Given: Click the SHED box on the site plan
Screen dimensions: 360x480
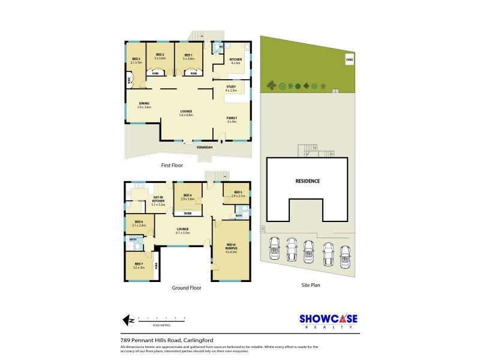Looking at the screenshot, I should coord(349,60).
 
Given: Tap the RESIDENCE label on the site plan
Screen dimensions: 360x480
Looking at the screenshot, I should coord(307,181).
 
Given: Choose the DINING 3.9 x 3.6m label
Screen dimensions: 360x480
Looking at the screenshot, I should coord(144,105).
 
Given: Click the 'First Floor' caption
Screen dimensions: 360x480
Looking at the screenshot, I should coord(172,164).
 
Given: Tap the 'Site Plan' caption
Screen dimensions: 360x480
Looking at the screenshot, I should coord(311,285).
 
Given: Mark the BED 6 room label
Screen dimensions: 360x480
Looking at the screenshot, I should coord(138,224).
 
